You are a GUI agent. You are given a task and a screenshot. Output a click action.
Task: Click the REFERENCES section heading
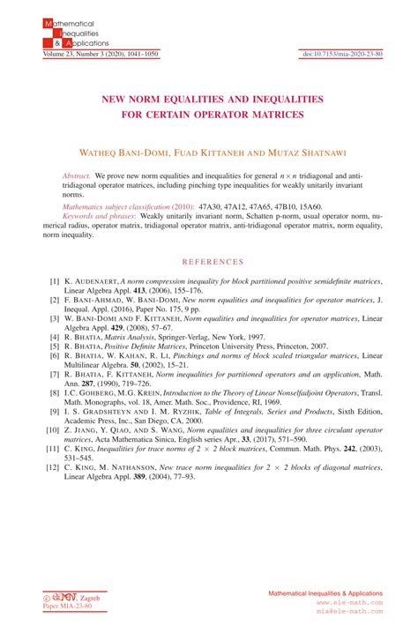(208, 262)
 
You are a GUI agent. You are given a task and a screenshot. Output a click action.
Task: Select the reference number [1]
(55, 279)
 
